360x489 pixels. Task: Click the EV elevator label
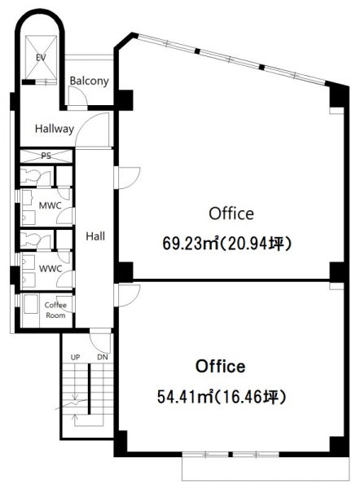[x=42, y=58]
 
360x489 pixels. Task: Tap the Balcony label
[x=89, y=81]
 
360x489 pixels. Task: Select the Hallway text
[x=55, y=129]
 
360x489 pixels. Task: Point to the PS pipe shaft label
[x=46, y=156]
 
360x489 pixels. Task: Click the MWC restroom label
[x=50, y=205]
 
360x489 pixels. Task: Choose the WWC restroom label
[x=50, y=268]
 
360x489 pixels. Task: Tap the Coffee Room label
[x=55, y=310]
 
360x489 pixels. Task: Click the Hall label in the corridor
[x=95, y=236]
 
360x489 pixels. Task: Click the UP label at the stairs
[x=75, y=358]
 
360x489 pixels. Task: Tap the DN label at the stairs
[x=103, y=357]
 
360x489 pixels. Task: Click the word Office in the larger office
[x=231, y=214]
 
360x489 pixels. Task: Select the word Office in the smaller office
[x=221, y=367]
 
